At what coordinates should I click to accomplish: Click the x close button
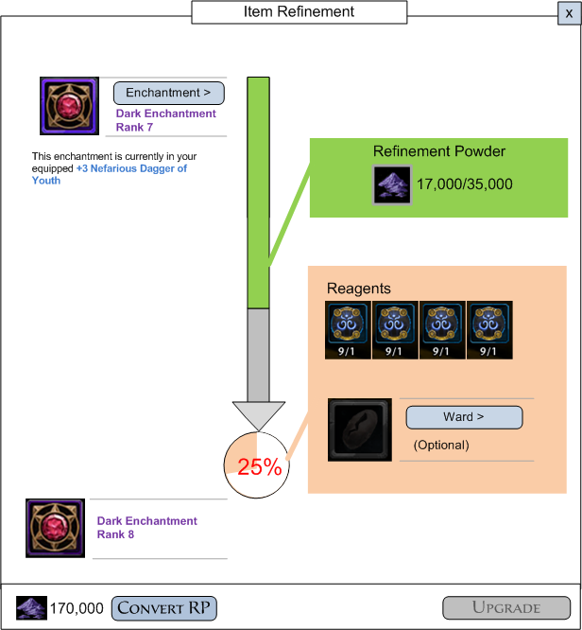(x=569, y=12)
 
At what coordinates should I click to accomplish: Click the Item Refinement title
(x=300, y=12)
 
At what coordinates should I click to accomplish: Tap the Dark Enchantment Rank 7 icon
(x=69, y=106)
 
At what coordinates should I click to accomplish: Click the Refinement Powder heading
(x=439, y=151)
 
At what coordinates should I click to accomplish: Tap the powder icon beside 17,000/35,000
(x=392, y=184)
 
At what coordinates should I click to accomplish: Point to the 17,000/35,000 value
(x=465, y=184)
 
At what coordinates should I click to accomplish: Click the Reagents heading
(x=358, y=289)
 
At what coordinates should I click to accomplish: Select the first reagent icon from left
(x=348, y=330)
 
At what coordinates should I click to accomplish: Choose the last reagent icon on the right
(x=489, y=330)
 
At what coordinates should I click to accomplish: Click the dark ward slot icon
(x=360, y=429)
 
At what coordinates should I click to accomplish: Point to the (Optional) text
(x=441, y=445)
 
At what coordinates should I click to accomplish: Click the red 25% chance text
(x=260, y=467)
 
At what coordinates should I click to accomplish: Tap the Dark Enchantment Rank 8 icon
(x=56, y=528)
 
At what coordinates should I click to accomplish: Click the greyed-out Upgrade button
(x=505, y=607)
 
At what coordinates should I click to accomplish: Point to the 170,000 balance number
(x=77, y=608)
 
